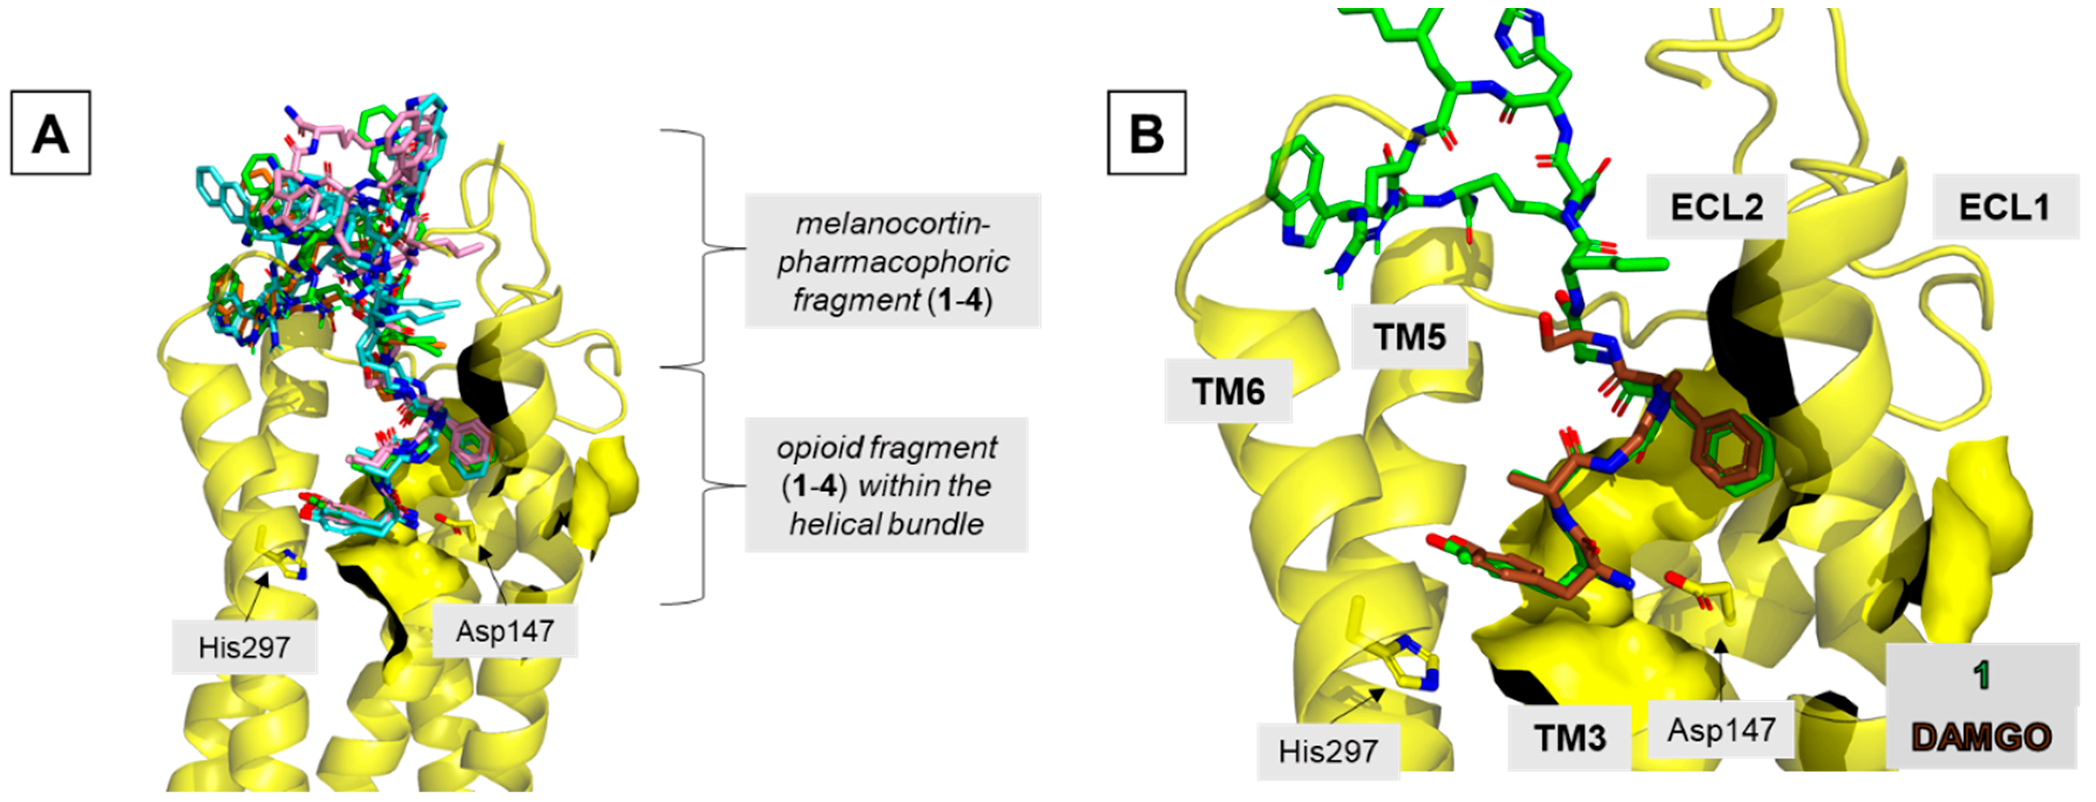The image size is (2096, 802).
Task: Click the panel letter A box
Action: click(x=50, y=133)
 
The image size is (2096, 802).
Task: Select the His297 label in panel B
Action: click(x=1328, y=751)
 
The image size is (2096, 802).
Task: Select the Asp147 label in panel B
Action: click(x=1721, y=730)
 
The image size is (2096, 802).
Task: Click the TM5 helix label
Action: click(x=1409, y=336)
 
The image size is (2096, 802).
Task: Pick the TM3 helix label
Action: click(x=1569, y=738)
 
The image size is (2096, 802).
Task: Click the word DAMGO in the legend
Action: click(x=1981, y=737)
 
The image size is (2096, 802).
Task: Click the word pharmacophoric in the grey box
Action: click(x=893, y=262)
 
